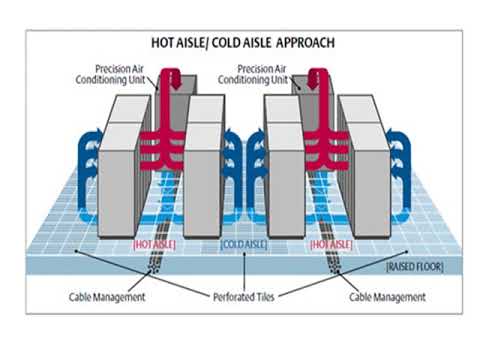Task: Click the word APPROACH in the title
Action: click(300, 43)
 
